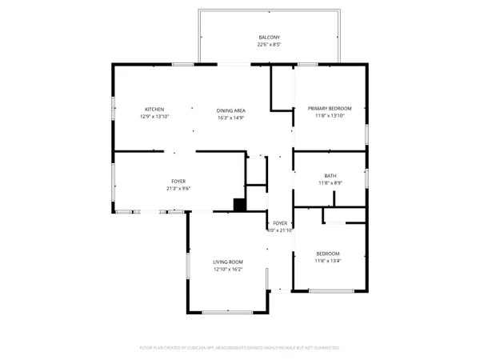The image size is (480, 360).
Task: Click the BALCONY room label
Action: [269, 38]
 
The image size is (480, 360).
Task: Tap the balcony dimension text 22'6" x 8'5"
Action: [269, 45]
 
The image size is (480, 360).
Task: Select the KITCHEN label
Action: [154, 110]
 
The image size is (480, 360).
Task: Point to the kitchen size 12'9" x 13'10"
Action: [154, 117]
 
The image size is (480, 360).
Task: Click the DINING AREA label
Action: [230, 110]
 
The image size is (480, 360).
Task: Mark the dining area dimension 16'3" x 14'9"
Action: [230, 117]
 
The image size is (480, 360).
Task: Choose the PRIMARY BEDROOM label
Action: [330, 110]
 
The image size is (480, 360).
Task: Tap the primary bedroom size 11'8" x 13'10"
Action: [330, 117]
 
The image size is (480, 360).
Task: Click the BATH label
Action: [330, 176]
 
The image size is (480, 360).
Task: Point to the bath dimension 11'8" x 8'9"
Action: [330, 183]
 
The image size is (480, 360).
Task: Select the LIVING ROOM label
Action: [228, 262]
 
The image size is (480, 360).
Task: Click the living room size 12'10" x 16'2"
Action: [228, 269]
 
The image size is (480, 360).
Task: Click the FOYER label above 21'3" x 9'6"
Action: [178, 181]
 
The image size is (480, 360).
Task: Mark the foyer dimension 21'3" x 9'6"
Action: [178, 188]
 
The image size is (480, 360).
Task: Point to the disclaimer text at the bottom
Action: [240, 348]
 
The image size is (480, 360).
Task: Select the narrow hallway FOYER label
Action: [280, 223]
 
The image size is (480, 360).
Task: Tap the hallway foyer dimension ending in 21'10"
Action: [280, 230]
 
